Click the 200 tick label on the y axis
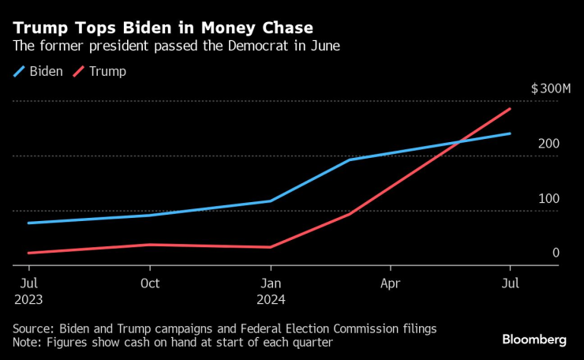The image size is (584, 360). click(x=549, y=144)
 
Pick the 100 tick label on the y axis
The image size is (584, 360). click(x=549, y=198)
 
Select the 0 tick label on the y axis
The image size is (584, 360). click(x=556, y=253)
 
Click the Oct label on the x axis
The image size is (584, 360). click(x=149, y=283)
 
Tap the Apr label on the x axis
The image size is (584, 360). click(x=390, y=283)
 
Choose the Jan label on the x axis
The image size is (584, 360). click(x=270, y=283)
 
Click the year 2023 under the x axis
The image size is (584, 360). click(x=28, y=300)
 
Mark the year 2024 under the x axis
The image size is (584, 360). click(x=270, y=300)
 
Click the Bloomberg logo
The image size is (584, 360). click(x=534, y=339)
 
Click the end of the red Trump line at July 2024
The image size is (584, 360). click(x=510, y=109)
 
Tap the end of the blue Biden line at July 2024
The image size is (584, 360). click(x=510, y=133)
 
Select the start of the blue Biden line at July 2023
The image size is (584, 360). click(x=28, y=223)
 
